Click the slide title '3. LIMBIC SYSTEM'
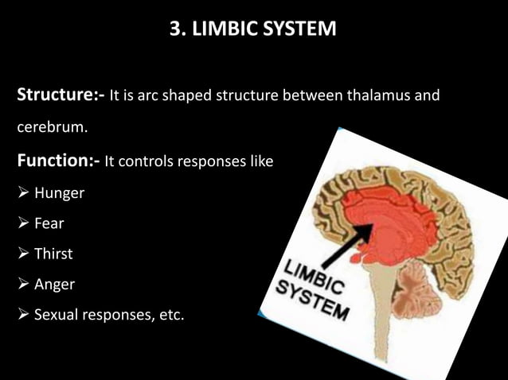(253, 29)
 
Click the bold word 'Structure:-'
(61, 97)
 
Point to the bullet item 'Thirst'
(53, 254)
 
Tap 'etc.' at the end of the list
(167, 316)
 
